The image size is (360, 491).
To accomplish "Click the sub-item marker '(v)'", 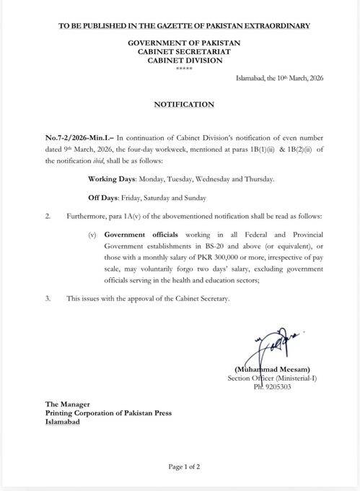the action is (90, 235).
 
